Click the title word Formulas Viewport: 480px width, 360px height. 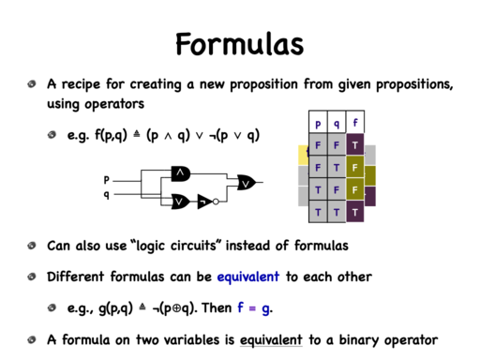[x=240, y=44]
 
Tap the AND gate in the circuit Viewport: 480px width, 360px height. [x=181, y=173]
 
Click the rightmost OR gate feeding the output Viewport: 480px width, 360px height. [x=246, y=183]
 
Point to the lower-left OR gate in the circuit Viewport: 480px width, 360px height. [x=180, y=202]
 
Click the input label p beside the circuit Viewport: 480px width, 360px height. [x=107, y=180]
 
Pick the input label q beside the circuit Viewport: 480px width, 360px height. [x=107, y=195]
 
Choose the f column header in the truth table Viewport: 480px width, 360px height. [x=355, y=122]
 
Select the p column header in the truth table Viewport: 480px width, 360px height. [x=318, y=122]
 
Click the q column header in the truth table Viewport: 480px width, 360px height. [x=337, y=122]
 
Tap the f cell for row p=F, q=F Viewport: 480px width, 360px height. [x=355, y=144]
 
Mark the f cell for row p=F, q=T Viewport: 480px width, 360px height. [x=355, y=167]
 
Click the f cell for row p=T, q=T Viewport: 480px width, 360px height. [x=355, y=212]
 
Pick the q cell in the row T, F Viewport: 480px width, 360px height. [x=337, y=189]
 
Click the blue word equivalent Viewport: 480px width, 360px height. [x=248, y=277]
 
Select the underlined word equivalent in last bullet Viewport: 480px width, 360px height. [x=271, y=340]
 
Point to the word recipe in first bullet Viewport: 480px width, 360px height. [x=81, y=84]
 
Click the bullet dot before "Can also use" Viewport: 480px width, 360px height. [x=32, y=246]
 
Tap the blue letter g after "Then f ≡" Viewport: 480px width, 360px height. [x=266, y=308]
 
